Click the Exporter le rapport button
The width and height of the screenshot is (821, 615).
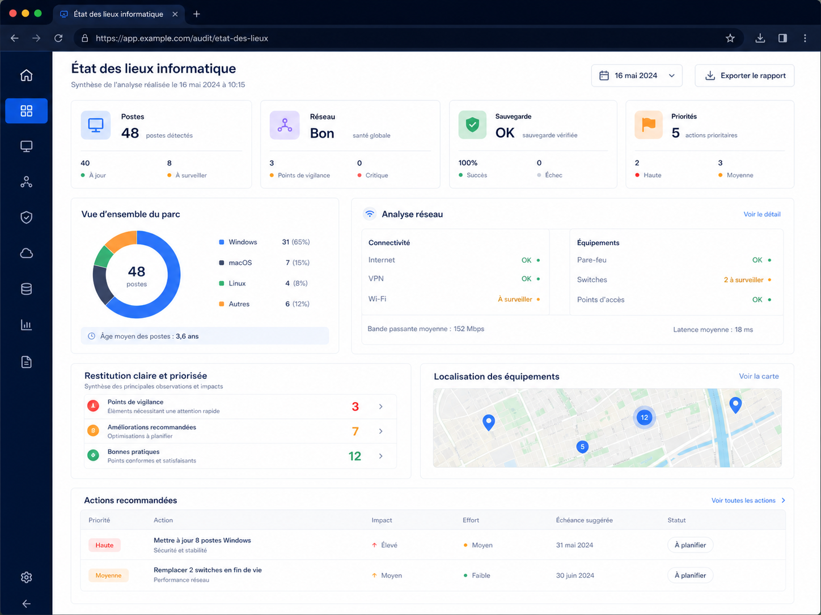pyautogui.click(x=744, y=75)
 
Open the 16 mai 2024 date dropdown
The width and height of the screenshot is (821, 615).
pyautogui.click(x=637, y=75)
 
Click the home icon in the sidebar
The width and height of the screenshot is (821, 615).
pyautogui.click(x=26, y=75)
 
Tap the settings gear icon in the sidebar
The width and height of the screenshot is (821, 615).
pyautogui.click(x=26, y=577)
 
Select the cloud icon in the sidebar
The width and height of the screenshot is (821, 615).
pyautogui.click(x=26, y=253)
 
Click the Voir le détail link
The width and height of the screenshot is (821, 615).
pyautogui.click(x=762, y=214)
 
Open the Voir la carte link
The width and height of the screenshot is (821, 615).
pyautogui.click(x=759, y=376)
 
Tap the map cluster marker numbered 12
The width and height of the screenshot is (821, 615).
pyautogui.click(x=644, y=417)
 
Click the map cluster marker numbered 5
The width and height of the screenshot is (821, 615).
pyautogui.click(x=582, y=447)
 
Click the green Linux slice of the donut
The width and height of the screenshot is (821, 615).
pyautogui.click(x=103, y=257)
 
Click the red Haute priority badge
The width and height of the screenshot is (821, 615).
pyautogui.click(x=104, y=545)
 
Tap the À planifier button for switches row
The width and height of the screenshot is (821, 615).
pyautogui.click(x=690, y=575)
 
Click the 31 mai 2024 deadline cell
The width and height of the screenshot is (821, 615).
pyautogui.click(x=574, y=545)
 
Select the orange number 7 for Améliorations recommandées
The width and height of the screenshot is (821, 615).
pyautogui.click(x=356, y=432)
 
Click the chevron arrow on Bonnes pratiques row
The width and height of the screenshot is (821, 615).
pyautogui.click(x=381, y=456)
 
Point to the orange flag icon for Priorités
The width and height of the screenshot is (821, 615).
pyautogui.click(x=649, y=125)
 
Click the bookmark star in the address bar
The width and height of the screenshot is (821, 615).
pyautogui.click(x=730, y=38)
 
